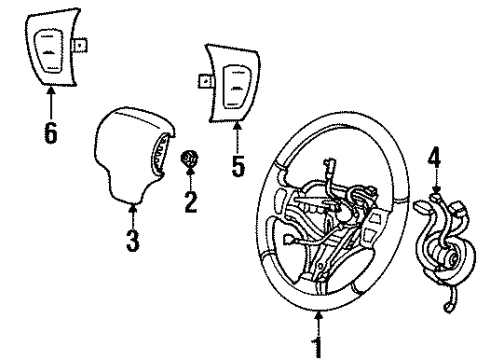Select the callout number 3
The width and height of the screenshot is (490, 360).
[133, 241]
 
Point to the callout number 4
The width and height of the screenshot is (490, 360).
[434, 156]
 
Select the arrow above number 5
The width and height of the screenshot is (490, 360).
[237, 135]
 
